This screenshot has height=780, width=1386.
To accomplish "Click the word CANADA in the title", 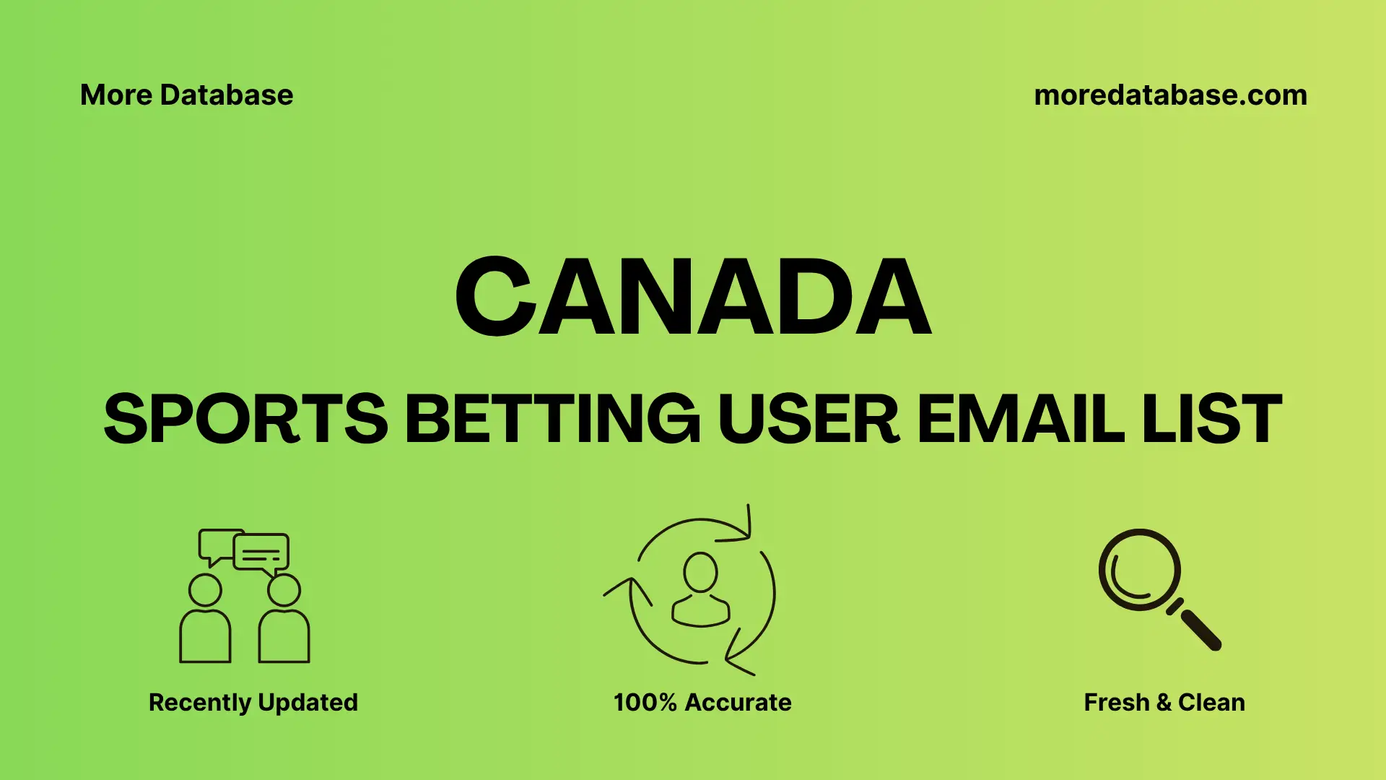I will (x=693, y=297).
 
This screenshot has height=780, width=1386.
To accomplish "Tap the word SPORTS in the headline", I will (x=245, y=419).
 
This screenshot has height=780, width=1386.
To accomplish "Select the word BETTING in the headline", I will (x=552, y=419).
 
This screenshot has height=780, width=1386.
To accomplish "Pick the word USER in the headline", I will (x=808, y=419).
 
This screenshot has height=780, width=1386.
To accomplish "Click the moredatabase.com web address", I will (x=1170, y=95).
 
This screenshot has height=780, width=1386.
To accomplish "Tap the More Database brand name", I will (x=186, y=95).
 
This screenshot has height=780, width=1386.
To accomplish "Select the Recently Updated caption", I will (x=253, y=702).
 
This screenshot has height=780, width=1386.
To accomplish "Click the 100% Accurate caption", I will (x=702, y=702).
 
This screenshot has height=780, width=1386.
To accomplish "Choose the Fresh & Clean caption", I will (x=1164, y=702).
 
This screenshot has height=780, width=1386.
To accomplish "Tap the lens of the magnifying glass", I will (x=1139, y=570).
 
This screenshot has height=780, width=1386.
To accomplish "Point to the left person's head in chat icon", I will (x=205, y=590).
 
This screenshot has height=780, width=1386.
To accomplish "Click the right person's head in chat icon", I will (x=284, y=590).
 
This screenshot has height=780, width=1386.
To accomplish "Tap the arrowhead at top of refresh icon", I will (x=744, y=531).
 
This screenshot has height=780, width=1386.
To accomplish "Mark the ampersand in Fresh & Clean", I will (x=1163, y=702).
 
